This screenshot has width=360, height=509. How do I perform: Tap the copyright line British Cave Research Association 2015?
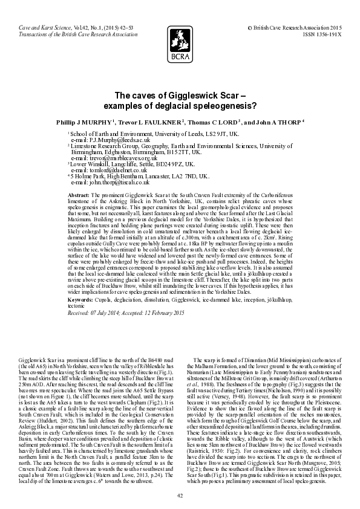295,28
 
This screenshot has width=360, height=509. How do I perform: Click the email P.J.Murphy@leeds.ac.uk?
111,140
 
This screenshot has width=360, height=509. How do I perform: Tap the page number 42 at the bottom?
180,495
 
